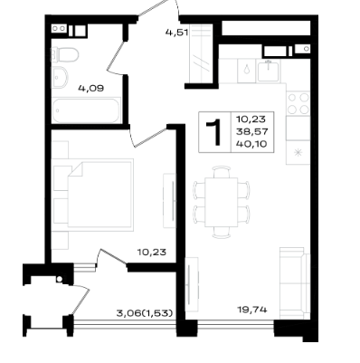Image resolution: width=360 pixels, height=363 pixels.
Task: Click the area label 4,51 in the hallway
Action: point(176,33)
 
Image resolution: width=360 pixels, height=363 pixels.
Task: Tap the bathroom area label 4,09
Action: point(90,89)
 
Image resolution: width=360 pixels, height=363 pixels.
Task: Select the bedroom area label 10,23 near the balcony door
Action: point(152,252)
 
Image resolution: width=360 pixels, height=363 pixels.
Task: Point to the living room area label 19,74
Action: point(252,310)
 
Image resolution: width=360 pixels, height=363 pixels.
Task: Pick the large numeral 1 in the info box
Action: point(214,132)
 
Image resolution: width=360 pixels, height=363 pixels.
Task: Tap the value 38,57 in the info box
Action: point(252,132)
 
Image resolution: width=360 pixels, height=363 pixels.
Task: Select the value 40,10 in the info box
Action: point(252,144)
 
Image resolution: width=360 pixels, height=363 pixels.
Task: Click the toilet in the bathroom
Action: point(65,55)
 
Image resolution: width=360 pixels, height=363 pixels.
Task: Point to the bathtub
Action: point(86,110)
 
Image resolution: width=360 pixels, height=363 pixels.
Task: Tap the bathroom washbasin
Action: point(60,77)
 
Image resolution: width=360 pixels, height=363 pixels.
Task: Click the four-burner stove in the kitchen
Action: point(298,103)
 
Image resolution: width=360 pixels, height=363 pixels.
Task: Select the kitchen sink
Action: point(269,71)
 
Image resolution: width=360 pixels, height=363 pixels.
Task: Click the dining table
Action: point(222,202)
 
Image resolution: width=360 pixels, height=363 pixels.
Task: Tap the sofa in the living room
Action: point(295,283)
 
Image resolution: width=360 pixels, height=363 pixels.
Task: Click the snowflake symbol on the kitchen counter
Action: point(298,153)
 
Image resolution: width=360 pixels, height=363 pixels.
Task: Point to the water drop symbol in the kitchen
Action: point(247,70)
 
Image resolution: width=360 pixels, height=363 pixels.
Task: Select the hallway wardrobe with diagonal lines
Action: point(200,54)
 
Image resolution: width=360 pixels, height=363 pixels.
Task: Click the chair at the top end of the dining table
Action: point(222,172)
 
